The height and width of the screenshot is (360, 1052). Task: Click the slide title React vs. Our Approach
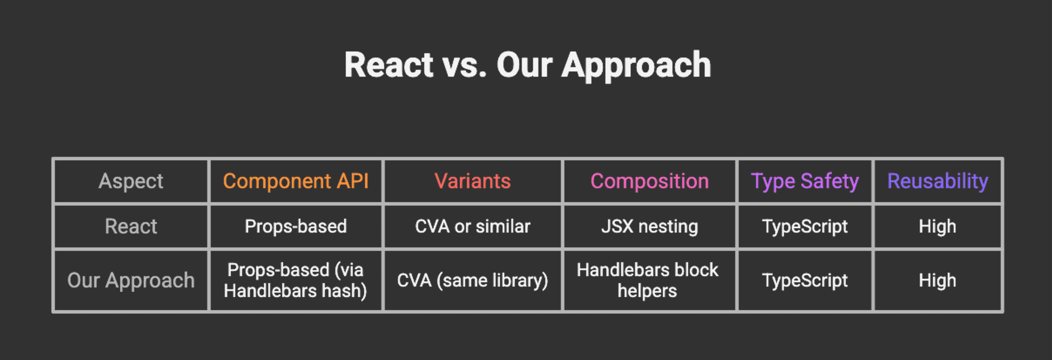pyautogui.click(x=528, y=65)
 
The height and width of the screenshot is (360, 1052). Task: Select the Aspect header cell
pyautogui.click(x=131, y=181)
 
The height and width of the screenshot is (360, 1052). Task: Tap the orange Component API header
pyautogui.click(x=296, y=181)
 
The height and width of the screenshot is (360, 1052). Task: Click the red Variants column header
pyautogui.click(x=473, y=181)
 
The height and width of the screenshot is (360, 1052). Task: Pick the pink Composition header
pyautogui.click(x=649, y=181)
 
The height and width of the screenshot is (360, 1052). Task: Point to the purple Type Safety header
pyautogui.click(x=805, y=182)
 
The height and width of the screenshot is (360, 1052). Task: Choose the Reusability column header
pyautogui.click(x=937, y=182)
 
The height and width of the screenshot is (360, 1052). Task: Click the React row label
pyautogui.click(x=131, y=226)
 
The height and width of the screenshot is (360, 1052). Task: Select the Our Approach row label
pyautogui.click(x=131, y=280)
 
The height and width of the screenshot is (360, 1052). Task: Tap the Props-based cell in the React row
pyautogui.click(x=296, y=226)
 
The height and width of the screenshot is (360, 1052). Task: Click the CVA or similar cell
pyautogui.click(x=473, y=226)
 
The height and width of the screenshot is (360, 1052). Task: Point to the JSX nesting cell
pyautogui.click(x=649, y=226)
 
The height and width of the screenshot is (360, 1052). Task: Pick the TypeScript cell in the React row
pyautogui.click(x=805, y=226)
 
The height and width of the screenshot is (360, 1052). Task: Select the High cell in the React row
pyautogui.click(x=937, y=226)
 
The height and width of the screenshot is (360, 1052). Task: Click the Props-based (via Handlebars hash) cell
pyautogui.click(x=296, y=280)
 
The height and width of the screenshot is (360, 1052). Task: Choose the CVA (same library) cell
pyautogui.click(x=473, y=280)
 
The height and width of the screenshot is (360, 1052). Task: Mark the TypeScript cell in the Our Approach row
pyautogui.click(x=805, y=280)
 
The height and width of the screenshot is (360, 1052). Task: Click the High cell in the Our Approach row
pyautogui.click(x=937, y=280)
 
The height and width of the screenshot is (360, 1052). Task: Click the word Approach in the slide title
pyautogui.click(x=636, y=66)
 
